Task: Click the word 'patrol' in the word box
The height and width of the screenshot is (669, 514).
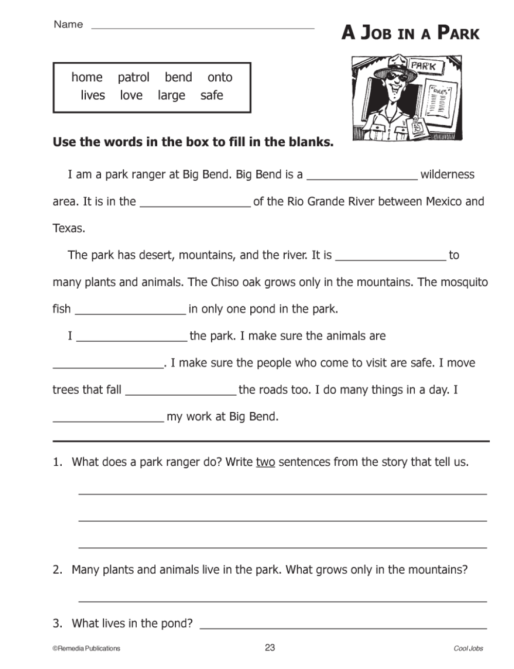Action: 133,77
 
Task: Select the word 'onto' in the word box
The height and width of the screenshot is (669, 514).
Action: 220,77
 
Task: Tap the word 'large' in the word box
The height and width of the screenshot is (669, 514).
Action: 171,96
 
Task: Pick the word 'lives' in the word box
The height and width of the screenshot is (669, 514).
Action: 93,96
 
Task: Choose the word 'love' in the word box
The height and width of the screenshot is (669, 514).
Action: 131,96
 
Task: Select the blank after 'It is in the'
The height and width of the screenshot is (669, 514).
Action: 195,203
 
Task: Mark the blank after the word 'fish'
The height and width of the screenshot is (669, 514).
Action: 130,310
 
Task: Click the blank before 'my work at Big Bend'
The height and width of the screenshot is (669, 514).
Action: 108,418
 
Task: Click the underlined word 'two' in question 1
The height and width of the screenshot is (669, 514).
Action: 265,462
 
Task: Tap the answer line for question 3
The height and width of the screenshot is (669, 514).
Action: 343,625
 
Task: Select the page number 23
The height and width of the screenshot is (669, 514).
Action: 270,647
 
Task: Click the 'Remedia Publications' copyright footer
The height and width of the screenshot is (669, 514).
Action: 86,648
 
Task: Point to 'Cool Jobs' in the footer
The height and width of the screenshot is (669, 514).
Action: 468,648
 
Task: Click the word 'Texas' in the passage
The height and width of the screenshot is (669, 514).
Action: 69,228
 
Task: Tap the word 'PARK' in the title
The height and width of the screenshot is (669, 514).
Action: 458,33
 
